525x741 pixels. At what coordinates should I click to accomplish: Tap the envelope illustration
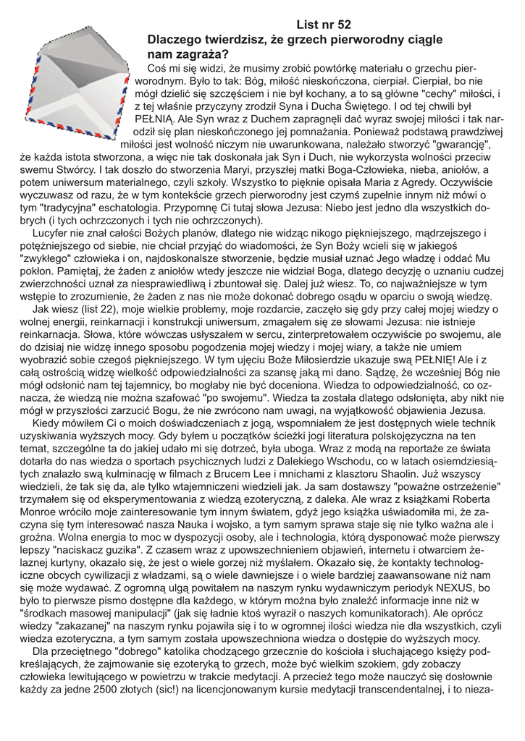[72, 88]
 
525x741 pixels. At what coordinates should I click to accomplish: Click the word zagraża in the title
[202, 54]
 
